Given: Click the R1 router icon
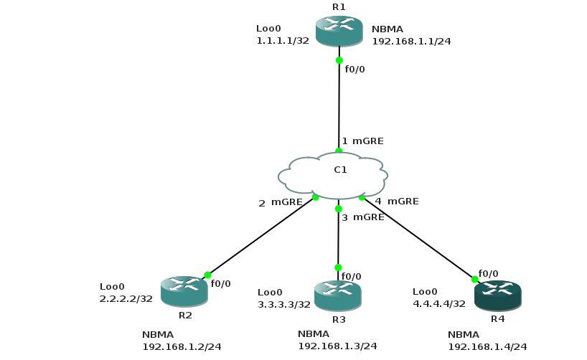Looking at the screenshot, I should (339, 31).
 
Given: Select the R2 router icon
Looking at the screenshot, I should (184, 290).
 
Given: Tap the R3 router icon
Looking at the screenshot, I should (338, 295).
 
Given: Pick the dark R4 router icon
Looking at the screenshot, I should (497, 295).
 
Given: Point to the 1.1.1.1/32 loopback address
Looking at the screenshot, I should (282, 41).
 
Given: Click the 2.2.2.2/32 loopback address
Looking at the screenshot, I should (126, 298).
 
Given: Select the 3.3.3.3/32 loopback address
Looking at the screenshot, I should (284, 304).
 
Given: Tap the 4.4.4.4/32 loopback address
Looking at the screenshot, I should (439, 303).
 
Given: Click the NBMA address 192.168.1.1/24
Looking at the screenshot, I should (410, 42).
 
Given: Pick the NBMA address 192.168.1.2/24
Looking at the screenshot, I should (182, 347).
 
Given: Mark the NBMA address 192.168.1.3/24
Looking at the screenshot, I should (337, 346).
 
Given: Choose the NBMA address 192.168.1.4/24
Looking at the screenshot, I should (487, 347).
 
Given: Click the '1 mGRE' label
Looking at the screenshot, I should (362, 141).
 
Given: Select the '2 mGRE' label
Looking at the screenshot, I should (281, 203).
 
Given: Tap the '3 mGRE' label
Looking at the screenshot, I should (363, 217).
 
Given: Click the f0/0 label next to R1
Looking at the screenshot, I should (355, 70).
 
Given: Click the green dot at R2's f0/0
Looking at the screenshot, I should (207, 275).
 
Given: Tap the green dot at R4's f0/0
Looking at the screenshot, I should (474, 279).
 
